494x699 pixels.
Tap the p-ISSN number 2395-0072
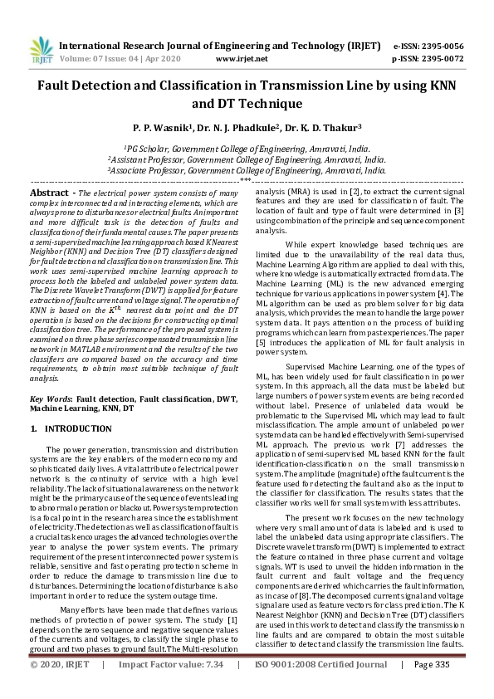pyautogui.click(x=440, y=59)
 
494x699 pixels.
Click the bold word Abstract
pyautogui.click(x=50, y=192)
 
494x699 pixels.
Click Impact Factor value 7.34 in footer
pyautogui.click(x=213, y=688)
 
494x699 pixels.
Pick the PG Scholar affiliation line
pyautogui.click(x=247, y=147)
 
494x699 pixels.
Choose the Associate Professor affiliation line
pyautogui.click(x=247, y=169)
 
